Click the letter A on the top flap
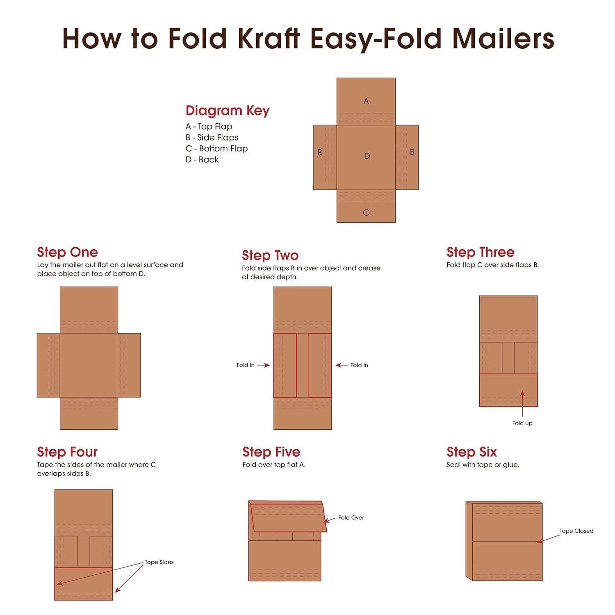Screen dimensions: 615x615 point(366,101)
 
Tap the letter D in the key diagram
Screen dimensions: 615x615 point(367,156)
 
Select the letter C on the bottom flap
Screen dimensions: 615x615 point(366,212)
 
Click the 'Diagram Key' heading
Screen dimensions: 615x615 point(228,111)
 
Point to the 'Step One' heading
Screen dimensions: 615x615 point(67,252)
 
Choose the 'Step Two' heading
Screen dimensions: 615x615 point(270,255)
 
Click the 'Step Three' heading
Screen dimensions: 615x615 point(481,252)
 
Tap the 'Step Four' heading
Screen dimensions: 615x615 point(67,452)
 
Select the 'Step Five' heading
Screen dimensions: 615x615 point(271,452)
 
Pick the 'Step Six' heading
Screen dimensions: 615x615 point(472,452)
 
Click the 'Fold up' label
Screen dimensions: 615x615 point(522,423)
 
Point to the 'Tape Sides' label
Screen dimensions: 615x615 point(159,562)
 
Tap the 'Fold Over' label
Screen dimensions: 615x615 point(351,517)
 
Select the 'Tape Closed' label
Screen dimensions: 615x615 point(576,531)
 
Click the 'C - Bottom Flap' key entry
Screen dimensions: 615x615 point(216,148)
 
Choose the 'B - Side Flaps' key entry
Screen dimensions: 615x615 point(212,137)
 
